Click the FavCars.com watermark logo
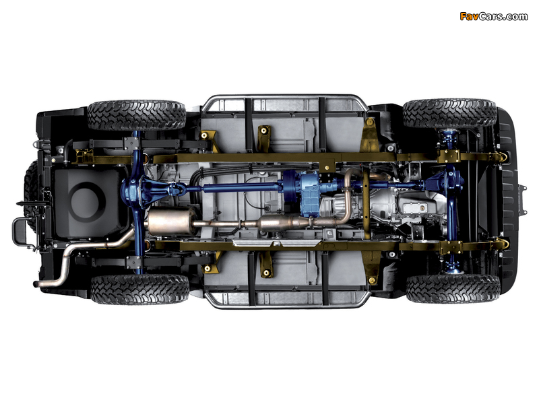(493, 16)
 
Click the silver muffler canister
(171, 222)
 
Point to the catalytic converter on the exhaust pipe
(278, 222)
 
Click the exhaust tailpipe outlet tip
(36, 284)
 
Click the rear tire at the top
(136, 115)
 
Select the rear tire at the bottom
(139, 290)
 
